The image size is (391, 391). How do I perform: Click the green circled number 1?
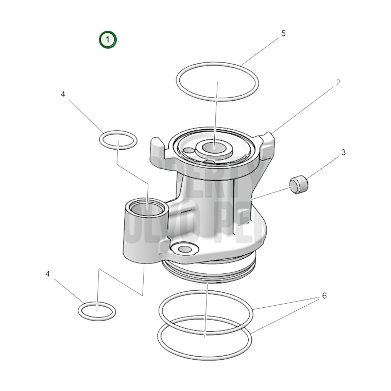click(108, 40)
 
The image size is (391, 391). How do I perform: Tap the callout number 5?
click(283, 34)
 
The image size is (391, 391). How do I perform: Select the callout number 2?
click(338, 82)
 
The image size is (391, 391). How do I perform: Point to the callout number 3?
click(343, 152)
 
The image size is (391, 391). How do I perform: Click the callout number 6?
click(324, 296)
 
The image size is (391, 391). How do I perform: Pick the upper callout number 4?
click(63, 94)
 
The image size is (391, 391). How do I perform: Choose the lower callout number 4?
click(48, 274)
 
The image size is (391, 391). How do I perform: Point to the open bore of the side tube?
click(146, 209)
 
